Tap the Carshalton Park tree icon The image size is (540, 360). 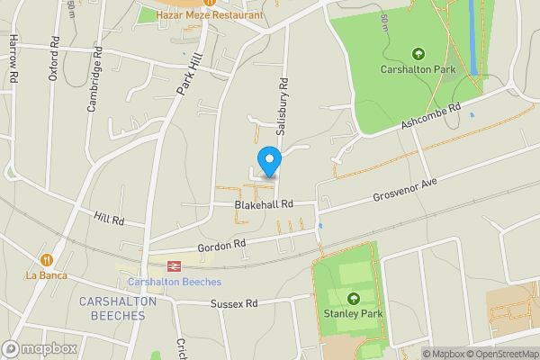418,55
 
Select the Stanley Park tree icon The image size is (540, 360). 353,299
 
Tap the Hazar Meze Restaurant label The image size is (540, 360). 210,15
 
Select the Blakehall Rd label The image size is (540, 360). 264,204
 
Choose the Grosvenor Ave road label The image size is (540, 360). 404,189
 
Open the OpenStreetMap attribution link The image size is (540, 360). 501,354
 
